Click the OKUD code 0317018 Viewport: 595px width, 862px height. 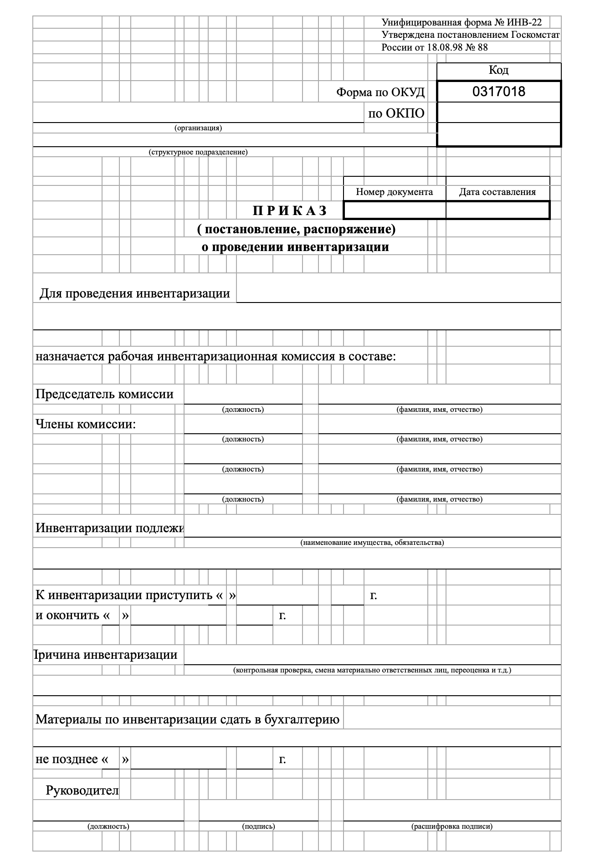click(x=498, y=92)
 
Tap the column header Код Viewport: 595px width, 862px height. click(x=498, y=70)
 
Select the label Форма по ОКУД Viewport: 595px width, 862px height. click(x=380, y=92)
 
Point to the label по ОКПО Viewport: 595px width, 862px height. click(x=396, y=113)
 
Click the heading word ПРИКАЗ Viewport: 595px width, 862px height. click(x=290, y=210)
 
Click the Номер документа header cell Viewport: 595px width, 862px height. click(x=394, y=192)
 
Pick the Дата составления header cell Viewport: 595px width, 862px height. click(x=497, y=192)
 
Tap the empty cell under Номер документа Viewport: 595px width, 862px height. click(x=395, y=210)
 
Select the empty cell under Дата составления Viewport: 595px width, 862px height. click(x=498, y=210)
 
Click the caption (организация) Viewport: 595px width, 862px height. click(x=198, y=128)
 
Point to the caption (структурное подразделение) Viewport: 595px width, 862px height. click(x=198, y=152)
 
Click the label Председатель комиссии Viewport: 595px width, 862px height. click(x=104, y=394)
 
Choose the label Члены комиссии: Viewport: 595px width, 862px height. click(x=86, y=425)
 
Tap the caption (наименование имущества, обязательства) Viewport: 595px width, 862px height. click(x=372, y=543)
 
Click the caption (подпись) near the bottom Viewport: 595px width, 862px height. click(x=258, y=826)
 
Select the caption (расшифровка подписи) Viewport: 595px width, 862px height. click(x=451, y=826)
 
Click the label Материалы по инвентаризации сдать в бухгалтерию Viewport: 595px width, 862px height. click(x=187, y=720)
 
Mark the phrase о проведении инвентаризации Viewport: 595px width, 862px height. click(x=295, y=247)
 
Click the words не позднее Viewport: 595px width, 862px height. click(x=67, y=759)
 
